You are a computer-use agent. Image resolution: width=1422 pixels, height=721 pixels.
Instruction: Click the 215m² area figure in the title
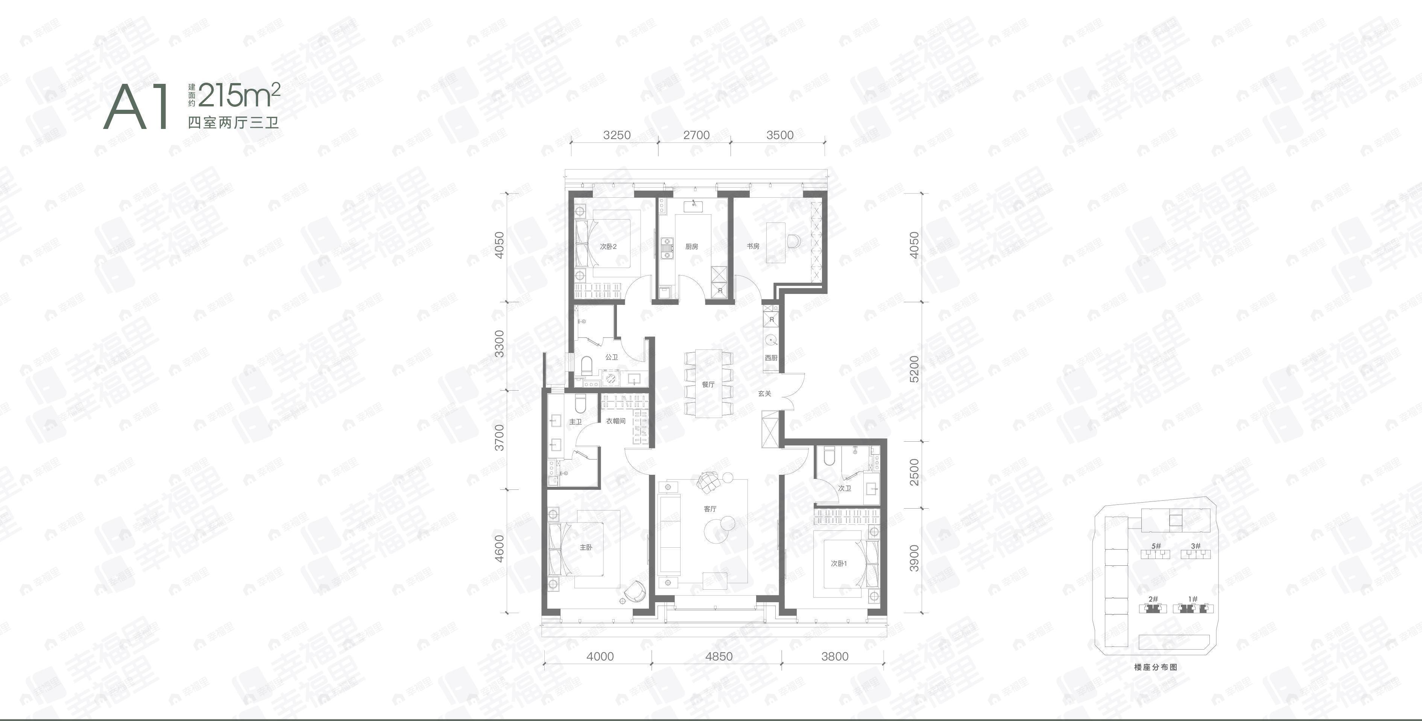pyautogui.click(x=239, y=95)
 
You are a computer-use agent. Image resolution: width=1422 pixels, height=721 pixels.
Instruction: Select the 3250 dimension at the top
pyautogui.click(x=617, y=136)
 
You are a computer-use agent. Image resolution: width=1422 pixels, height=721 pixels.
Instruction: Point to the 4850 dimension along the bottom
pyautogui.click(x=719, y=656)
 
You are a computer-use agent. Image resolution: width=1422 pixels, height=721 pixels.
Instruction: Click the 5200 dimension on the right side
pyautogui.click(x=915, y=370)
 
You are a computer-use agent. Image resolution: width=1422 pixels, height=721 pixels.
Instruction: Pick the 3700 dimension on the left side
pyautogui.click(x=500, y=438)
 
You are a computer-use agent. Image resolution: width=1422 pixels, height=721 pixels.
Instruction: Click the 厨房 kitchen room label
pyautogui.click(x=692, y=247)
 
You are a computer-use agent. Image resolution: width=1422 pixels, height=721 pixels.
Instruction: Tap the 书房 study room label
pyautogui.click(x=753, y=246)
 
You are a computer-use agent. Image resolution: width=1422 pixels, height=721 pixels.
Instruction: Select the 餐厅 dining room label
pyautogui.click(x=708, y=385)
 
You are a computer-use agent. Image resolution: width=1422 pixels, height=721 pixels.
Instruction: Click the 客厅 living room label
pyautogui.click(x=710, y=509)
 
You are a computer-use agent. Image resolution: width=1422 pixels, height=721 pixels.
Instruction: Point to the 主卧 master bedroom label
pyautogui.click(x=586, y=548)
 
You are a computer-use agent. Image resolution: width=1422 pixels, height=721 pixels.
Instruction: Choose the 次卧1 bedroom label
pyautogui.click(x=839, y=564)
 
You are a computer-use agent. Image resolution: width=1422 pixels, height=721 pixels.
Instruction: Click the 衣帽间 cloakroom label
pyautogui.click(x=615, y=421)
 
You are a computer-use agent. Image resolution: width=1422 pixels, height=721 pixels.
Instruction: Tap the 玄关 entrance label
pyautogui.click(x=764, y=394)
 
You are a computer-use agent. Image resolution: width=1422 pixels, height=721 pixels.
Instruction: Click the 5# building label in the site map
pyautogui.click(x=1156, y=546)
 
